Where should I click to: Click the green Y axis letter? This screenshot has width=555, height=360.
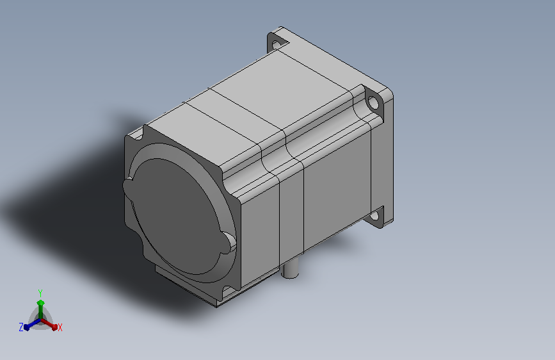[x=40, y=293]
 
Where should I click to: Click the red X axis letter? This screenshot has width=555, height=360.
[x=60, y=327]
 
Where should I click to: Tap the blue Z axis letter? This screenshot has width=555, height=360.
[x=21, y=327]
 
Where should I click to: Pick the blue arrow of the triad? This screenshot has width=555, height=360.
[x=32, y=325]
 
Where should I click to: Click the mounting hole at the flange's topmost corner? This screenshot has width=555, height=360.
[x=277, y=45]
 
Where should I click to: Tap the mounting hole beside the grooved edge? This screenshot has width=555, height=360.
[x=373, y=102]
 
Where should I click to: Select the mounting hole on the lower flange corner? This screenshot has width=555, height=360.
[x=374, y=216]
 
